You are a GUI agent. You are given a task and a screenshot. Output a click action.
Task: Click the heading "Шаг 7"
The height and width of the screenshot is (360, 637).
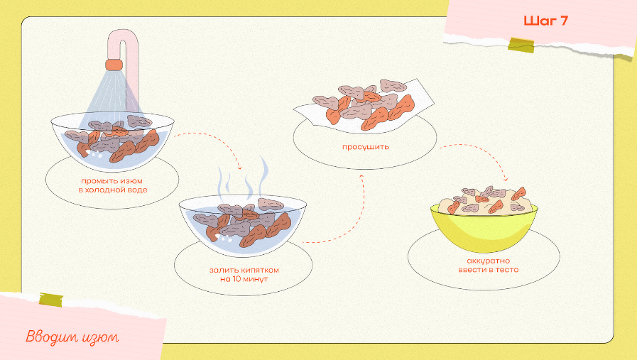point(545,21)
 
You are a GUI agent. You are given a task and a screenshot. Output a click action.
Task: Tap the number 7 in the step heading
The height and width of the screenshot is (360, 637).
point(563,21)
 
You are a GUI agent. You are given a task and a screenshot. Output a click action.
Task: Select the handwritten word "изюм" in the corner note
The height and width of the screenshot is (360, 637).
point(100,337)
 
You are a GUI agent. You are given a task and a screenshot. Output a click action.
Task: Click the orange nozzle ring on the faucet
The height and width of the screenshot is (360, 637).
point(114,65)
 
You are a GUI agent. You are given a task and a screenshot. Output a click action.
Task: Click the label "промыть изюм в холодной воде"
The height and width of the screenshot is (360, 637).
point(113,185)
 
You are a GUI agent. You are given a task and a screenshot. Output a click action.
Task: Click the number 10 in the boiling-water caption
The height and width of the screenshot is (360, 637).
point(238,279)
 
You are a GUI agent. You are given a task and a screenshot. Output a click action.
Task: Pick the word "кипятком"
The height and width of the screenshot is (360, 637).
point(260,270)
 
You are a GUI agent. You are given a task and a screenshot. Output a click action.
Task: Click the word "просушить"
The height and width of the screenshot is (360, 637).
point(366,147)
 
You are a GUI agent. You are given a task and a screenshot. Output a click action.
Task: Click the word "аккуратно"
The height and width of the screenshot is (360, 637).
point(489,261)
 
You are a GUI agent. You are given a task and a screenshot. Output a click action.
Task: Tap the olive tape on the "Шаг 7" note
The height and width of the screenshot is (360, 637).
point(521,45)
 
